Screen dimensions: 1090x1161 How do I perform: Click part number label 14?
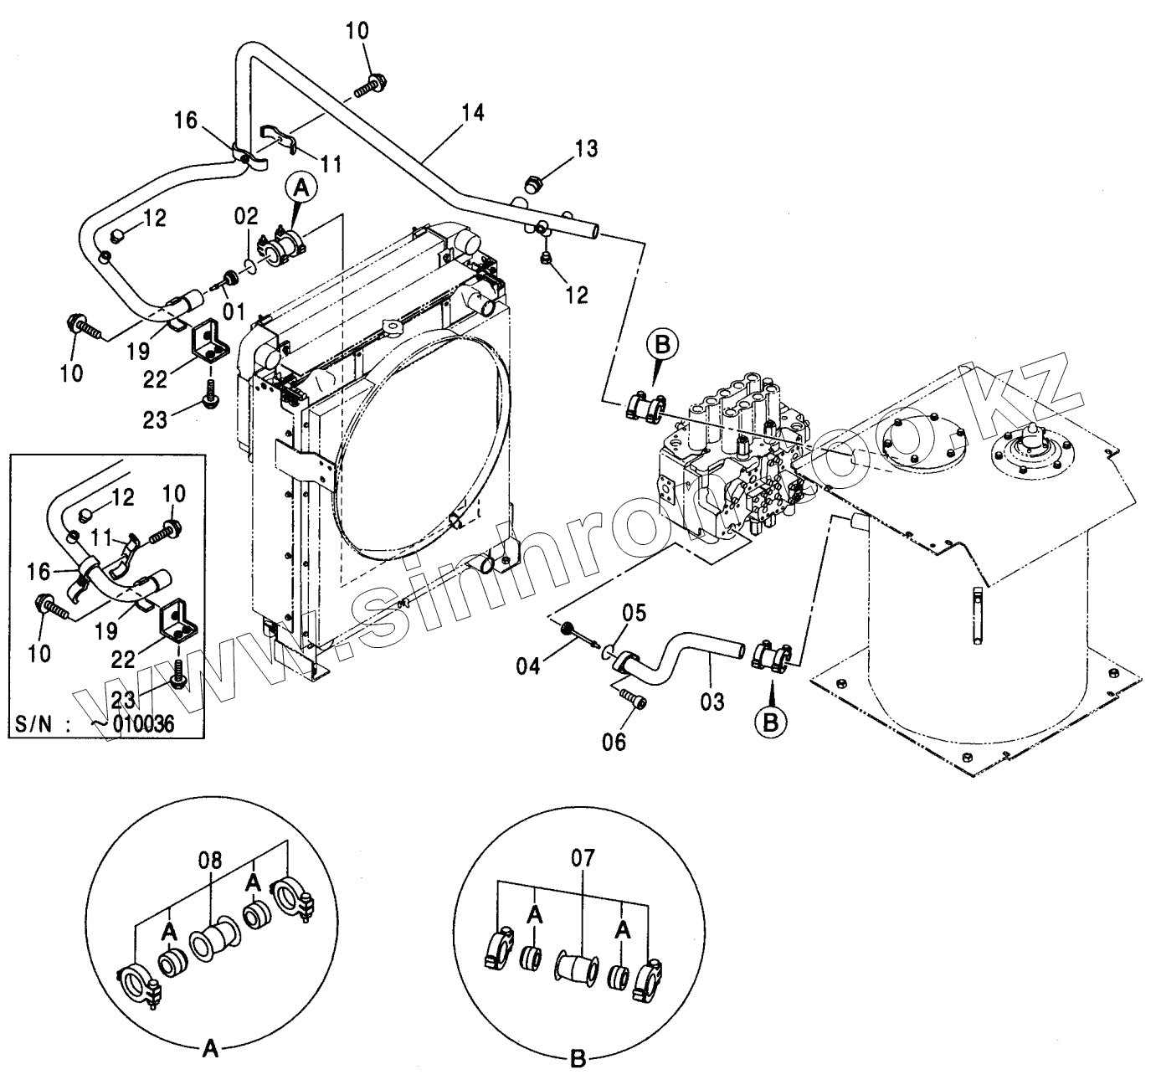coord(472,112)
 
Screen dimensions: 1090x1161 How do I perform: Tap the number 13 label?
coord(586,149)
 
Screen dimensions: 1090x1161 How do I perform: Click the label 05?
coord(634,614)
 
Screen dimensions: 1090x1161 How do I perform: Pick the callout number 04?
coord(528,666)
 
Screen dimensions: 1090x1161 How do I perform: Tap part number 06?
coord(614,742)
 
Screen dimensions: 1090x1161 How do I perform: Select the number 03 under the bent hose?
coord(711,701)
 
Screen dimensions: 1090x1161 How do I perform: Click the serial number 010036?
coord(144,722)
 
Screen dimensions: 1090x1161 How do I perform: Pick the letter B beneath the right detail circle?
coord(577,1059)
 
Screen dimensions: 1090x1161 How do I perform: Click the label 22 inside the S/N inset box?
coord(124,637)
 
